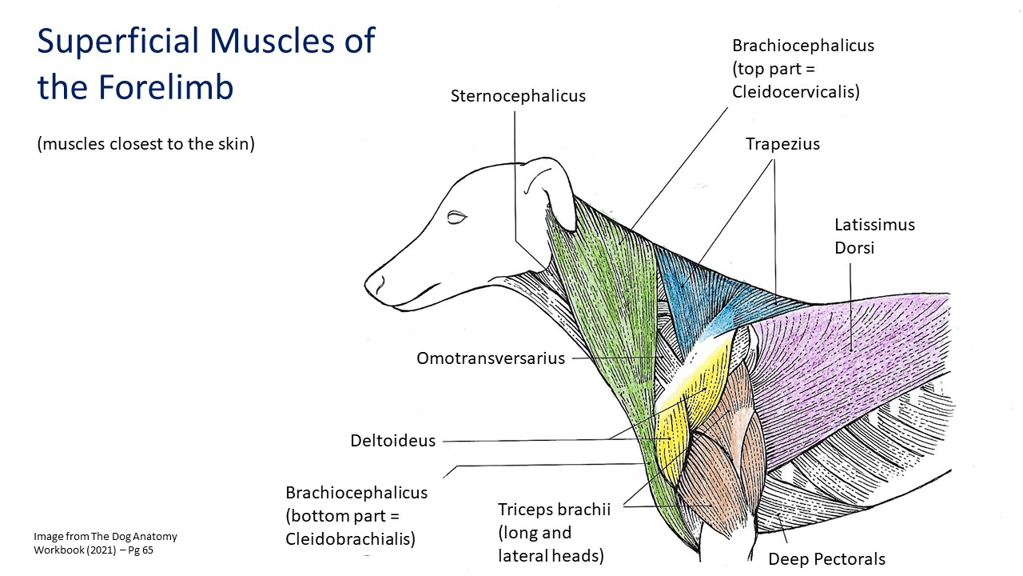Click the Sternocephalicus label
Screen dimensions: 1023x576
click(x=518, y=96)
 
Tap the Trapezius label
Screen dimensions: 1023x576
click(x=782, y=144)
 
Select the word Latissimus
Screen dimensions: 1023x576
click(x=874, y=225)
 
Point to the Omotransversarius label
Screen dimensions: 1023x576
click(x=491, y=358)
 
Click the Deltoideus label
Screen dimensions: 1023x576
click(x=392, y=440)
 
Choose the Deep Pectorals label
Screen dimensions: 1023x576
click(x=826, y=558)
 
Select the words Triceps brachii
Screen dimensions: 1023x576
click(x=554, y=509)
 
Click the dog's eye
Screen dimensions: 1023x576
click(x=456, y=217)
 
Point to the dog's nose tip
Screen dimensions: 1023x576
click(x=368, y=284)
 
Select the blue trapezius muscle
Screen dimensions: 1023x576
click(x=699, y=297)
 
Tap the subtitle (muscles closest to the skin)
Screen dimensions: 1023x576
click(x=145, y=144)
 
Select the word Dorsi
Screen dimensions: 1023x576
click(x=854, y=248)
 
